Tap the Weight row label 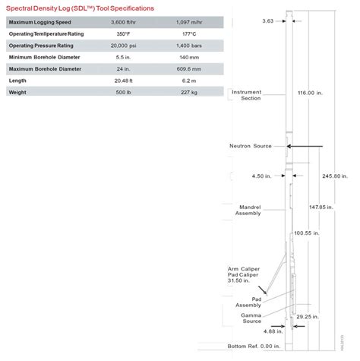click(18, 92)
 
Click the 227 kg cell click(190, 92)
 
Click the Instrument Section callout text click(245, 94)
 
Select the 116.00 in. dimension click(311, 92)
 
